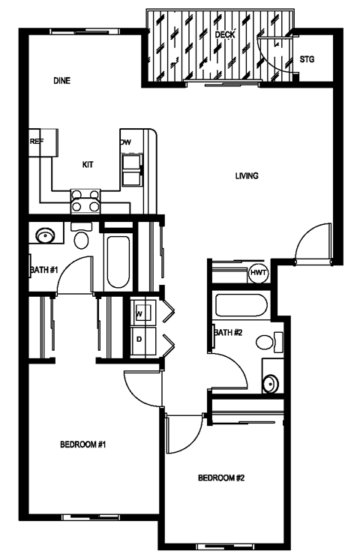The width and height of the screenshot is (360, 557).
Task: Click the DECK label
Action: (224, 35)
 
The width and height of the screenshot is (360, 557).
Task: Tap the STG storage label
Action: (307, 59)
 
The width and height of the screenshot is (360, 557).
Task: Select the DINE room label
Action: (61, 80)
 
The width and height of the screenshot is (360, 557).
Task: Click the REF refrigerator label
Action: (36, 141)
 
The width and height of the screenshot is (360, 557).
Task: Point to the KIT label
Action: (88, 164)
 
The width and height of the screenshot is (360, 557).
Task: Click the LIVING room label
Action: (247, 176)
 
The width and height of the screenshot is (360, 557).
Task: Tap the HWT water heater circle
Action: (259, 272)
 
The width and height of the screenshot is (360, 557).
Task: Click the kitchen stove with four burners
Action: (85, 200)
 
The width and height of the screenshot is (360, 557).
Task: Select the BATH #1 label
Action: (43, 270)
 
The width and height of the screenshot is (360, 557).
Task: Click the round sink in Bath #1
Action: (46, 238)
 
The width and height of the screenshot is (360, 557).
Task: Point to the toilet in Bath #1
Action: (82, 238)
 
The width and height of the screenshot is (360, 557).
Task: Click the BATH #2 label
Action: (228, 332)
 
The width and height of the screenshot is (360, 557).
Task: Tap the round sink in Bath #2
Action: (271, 385)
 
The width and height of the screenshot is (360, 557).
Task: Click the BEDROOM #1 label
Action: (82, 445)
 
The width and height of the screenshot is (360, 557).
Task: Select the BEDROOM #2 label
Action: (222, 478)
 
